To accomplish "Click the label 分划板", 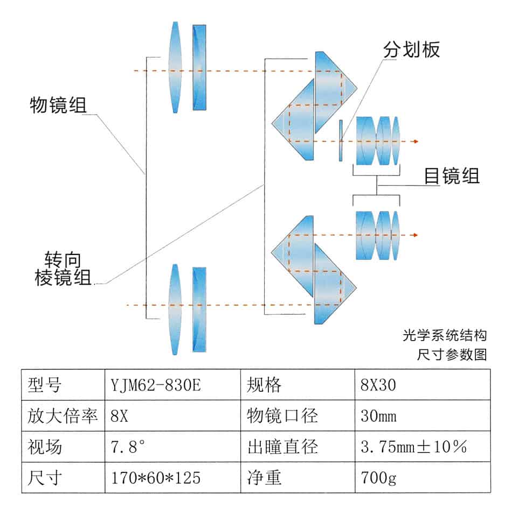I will pyautogui.click(x=411, y=50).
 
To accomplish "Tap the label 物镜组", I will pyautogui.click(x=58, y=104).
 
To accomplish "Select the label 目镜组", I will pyautogui.click(x=452, y=176).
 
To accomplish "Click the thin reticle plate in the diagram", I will pyautogui.click(x=341, y=141).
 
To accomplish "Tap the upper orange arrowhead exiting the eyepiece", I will pyautogui.click(x=414, y=142).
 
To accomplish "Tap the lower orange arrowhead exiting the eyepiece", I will pyautogui.click(x=414, y=235).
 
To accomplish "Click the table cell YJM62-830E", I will pyautogui.click(x=156, y=385).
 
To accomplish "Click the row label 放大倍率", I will pyautogui.click(x=63, y=416).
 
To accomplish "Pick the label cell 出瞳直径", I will pyautogui.click(x=282, y=447).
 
